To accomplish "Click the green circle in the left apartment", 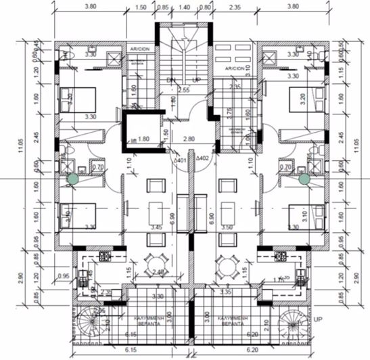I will coord(71,179).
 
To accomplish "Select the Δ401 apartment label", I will coord(180,160).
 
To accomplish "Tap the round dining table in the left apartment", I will coord(157,265).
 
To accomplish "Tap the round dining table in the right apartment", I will coord(225,265).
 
